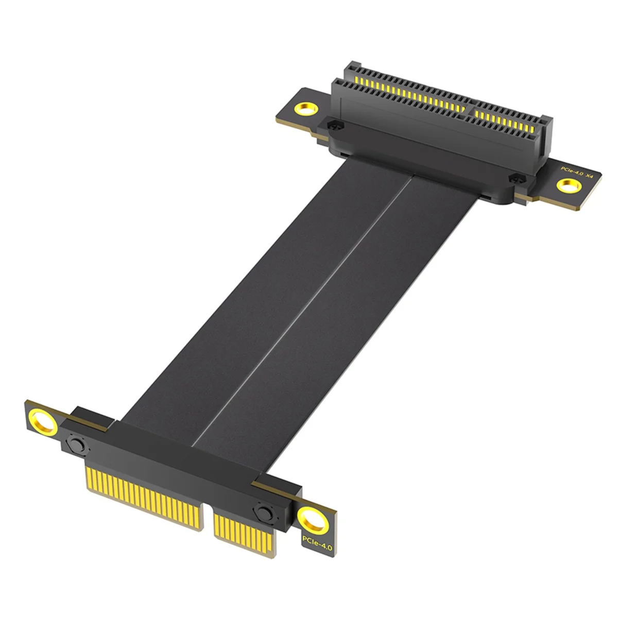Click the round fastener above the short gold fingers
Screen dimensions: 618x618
coord(263,512)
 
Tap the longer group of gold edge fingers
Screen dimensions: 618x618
coord(142,492)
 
